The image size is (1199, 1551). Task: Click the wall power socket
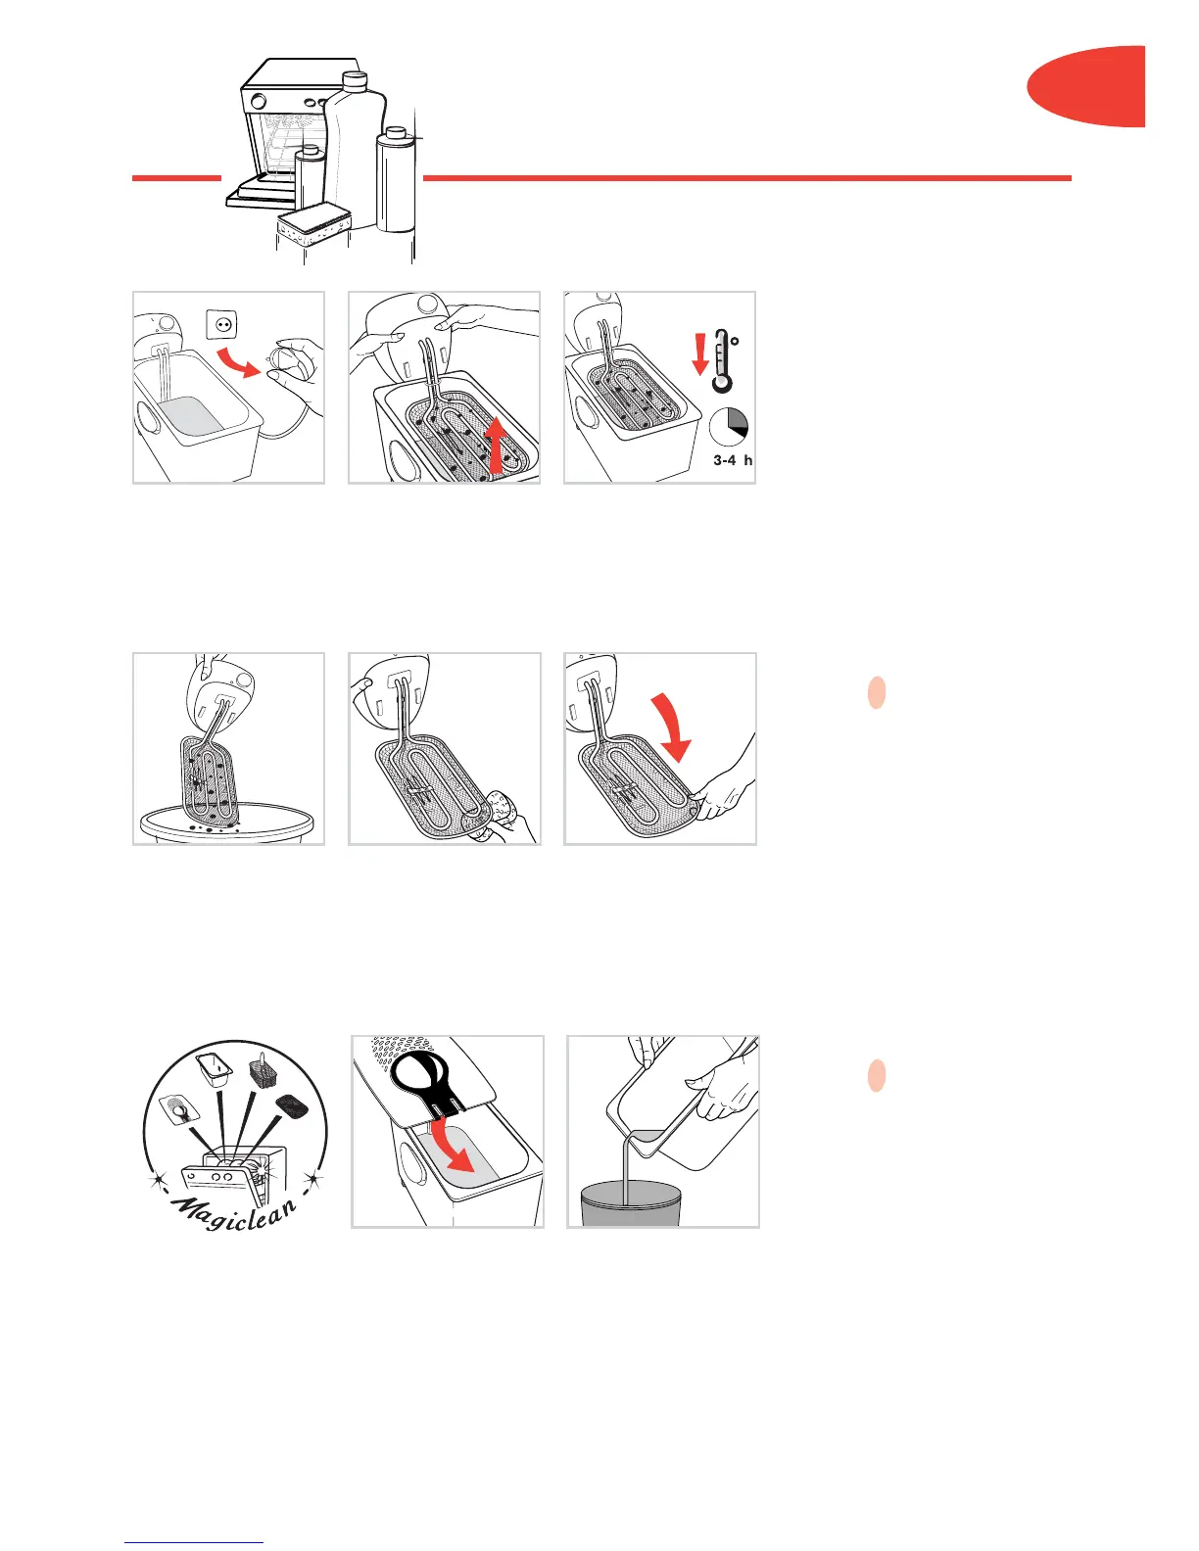point(221,324)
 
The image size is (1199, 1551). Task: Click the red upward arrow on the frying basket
point(495,445)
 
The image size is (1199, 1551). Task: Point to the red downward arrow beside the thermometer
point(700,354)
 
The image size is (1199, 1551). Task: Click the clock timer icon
point(729,428)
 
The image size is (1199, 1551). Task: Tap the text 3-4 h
point(733,460)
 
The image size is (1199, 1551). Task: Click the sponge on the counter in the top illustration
point(314,226)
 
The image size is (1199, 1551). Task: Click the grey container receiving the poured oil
point(631,1203)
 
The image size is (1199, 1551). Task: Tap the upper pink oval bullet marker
point(876,692)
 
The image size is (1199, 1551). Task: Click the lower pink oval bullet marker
point(876,1076)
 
